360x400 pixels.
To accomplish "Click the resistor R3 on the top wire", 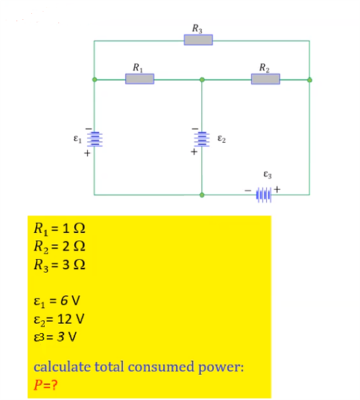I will click(x=199, y=40).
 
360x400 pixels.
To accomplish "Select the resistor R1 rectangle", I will click(x=139, y=79).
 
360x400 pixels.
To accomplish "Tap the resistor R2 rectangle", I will click(x=265, y=79).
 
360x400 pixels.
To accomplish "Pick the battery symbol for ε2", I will click(x=202, y=138).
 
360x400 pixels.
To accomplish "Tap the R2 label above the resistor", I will click(x=264, y=67).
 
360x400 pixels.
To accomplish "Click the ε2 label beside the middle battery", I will click(x=221, y=138).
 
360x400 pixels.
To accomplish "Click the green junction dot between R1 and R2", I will click(x=202, y=79).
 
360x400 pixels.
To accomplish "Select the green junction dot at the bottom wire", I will click(x=202, y=195).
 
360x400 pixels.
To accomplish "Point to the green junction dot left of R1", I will click(x=94, y=79).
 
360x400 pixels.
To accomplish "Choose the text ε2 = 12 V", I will click(x=59, y=319).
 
